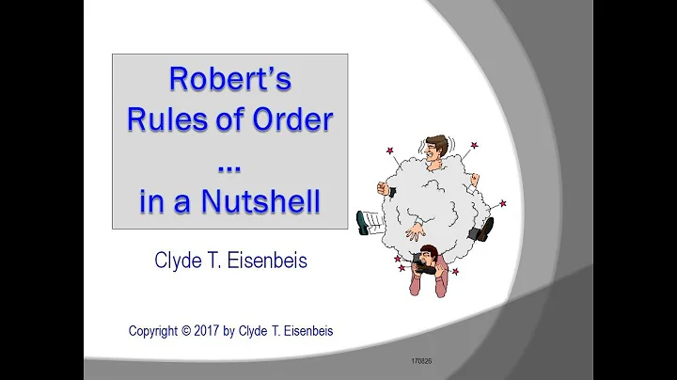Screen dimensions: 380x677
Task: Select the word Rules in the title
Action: point(162,122)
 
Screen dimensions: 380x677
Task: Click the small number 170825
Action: point(422,360)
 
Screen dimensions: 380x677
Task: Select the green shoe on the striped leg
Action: point(363,222)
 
